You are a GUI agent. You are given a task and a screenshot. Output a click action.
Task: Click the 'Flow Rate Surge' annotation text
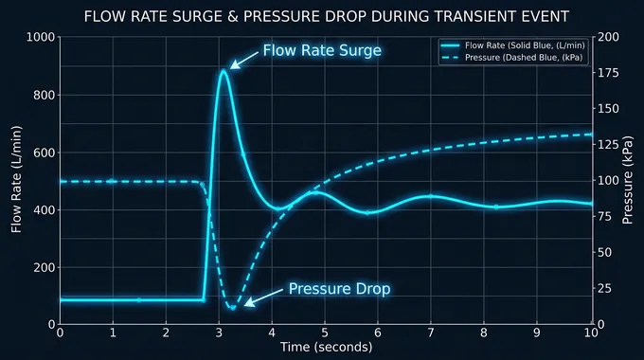pos(321,50)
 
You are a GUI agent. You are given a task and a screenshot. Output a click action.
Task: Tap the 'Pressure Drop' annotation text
pos(339,289)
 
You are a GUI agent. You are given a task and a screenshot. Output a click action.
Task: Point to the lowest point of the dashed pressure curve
pos(231,307)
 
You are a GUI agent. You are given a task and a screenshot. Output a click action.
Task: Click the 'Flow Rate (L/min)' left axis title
pos(16,181)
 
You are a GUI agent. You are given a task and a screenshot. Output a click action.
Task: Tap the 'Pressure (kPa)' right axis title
pos(627,181)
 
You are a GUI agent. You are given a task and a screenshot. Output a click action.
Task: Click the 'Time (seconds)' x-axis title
pos(326,348)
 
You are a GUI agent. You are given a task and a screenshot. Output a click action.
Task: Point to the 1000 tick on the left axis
pos(41,37)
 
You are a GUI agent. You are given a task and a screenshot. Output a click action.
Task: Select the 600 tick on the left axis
pos(44,153)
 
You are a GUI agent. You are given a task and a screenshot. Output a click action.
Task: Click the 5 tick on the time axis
pos(326,333)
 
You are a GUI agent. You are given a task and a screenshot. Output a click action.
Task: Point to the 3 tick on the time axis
pos(220,333)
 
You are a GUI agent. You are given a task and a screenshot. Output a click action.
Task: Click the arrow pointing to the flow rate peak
pos(243,60)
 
